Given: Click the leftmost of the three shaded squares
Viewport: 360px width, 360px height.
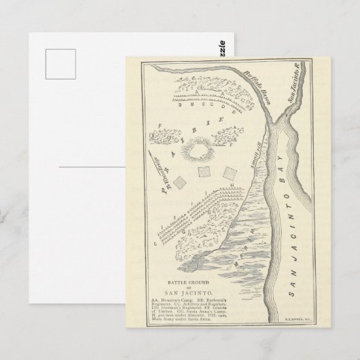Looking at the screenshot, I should point(179,181).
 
